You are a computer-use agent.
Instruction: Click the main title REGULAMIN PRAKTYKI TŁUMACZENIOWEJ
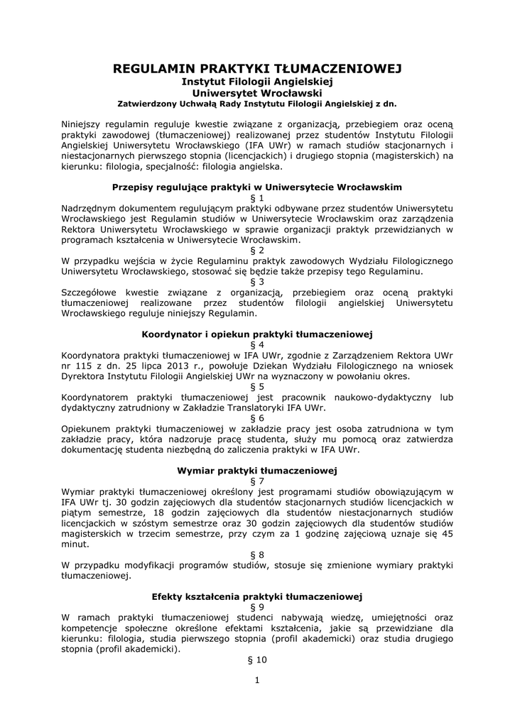pos(257,69)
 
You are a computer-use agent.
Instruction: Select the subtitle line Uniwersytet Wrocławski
pos(257,92)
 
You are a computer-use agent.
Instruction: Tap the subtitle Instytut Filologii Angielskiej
pos(257,82)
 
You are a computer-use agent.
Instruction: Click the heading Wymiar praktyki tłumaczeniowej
pos(257,471)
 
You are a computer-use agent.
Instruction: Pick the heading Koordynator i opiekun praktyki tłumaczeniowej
pos(257,334)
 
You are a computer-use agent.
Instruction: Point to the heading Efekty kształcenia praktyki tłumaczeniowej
pos(257,597)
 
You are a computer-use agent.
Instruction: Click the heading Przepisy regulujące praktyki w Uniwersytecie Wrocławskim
pos(257,187)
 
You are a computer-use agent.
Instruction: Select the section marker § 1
pos(257,197)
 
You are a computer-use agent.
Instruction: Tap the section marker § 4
pos(257,344)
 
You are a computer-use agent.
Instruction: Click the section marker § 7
pos(257,481)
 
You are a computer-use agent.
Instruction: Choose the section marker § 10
pos(257,660)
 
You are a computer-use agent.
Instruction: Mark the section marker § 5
pos(257,386)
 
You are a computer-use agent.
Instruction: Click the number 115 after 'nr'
pos(85,366)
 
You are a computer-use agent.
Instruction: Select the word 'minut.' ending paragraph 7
pos(76,545)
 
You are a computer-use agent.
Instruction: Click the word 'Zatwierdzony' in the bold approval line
pos(147,103)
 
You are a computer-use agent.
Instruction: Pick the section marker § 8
pos(257,554)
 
